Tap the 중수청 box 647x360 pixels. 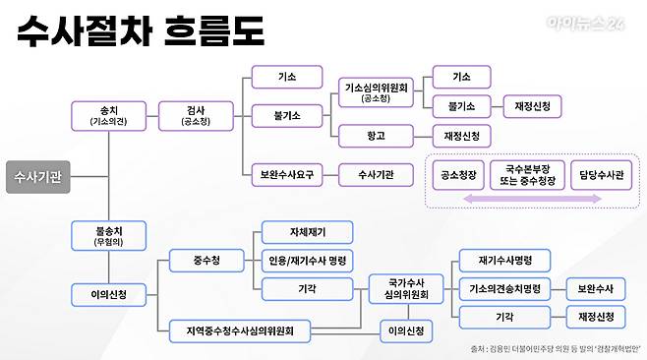pyautogui.click(x=206, y=260)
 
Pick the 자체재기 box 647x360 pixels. pyautogui.click(x=307, y=233)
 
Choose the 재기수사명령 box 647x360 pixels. pyautogui.click(x=503, y=260)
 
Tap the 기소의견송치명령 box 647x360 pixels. pyautogui.click(x=503, y=288)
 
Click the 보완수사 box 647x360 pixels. pyautogui.click(x=596, y=288)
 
